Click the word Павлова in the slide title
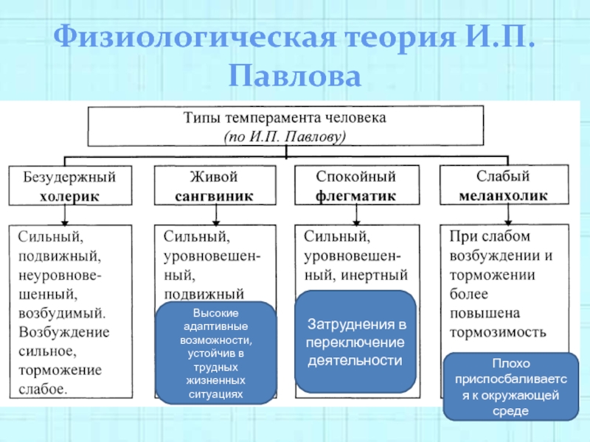[294, 76]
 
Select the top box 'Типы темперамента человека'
[285, 126]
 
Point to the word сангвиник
[214, 197]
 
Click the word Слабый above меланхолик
[504, 177]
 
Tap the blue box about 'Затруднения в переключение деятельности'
[355, 342]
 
